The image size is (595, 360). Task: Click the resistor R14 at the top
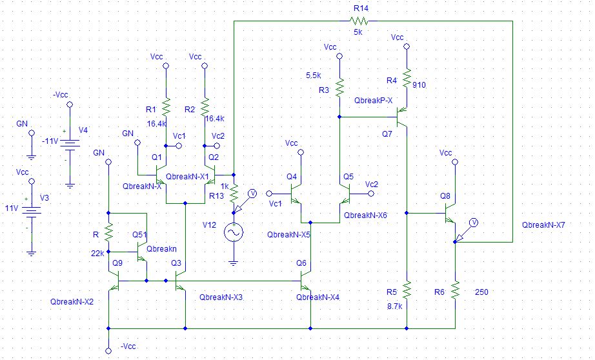point(360,21)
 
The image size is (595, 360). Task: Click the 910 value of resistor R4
point(420,85)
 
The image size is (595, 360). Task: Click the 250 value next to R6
point(481,292)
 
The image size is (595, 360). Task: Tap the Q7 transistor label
point(386,134)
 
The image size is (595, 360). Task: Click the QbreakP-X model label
point(373,100)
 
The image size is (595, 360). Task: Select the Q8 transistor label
point(445,195)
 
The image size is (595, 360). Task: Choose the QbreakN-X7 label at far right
point(546,226)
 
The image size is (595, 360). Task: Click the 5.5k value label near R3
point(314,75)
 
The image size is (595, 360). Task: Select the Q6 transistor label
point(301,263)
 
